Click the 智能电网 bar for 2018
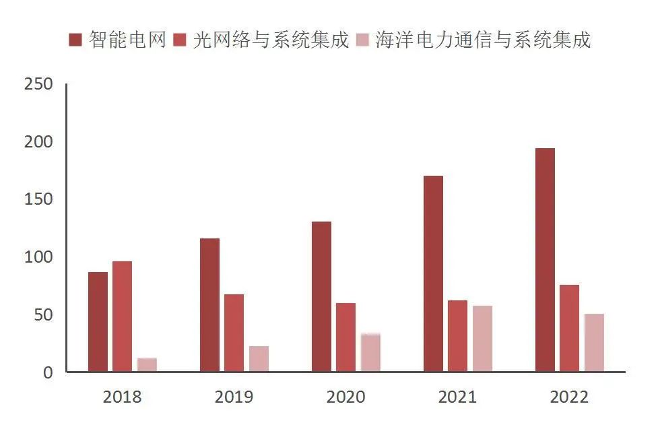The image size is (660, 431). pos(98,321)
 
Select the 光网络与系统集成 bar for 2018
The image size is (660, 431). pos(122,316)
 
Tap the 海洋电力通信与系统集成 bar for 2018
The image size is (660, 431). pos(147,364)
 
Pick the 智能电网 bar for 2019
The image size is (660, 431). pos(209,304)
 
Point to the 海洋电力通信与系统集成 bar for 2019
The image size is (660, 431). pos(259,358)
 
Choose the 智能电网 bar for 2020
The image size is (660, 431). pos(321,296)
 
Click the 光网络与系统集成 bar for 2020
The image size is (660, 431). pos(345,337)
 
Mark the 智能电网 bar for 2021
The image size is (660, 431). pos(433,273)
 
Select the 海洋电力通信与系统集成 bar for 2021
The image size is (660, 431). pos(482,338)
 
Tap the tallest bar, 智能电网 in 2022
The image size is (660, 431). pos(545,259)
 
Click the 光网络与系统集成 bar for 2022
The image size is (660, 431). pos(569,328)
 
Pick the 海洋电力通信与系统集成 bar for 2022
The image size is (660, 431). pos(594,342)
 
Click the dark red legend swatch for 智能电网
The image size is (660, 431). pos(76,40)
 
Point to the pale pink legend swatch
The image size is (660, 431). pos(363,40)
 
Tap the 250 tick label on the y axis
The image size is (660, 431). pos(37,85)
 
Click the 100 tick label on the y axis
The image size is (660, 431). pos(37,257)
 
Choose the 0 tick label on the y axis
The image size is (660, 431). pos(47,372)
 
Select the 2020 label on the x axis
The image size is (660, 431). pos(345,397)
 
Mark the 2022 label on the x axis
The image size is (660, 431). pos(569,397)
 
